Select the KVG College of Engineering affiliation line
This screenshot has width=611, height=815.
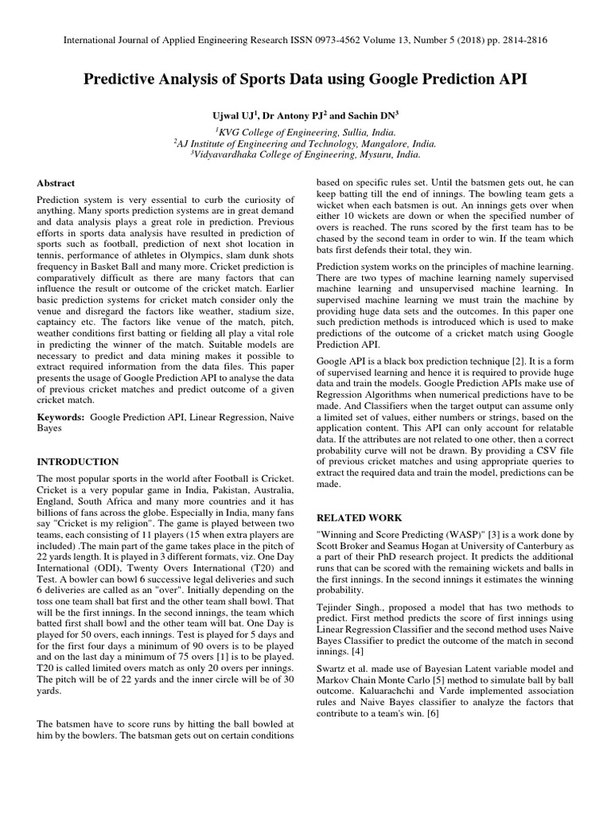305,131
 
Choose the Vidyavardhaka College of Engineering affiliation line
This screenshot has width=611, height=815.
305,156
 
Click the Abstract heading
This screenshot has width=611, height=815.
56,182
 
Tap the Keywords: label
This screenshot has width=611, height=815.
61,416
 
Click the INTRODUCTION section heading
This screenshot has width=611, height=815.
78,462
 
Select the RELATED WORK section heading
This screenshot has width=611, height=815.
360,517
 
